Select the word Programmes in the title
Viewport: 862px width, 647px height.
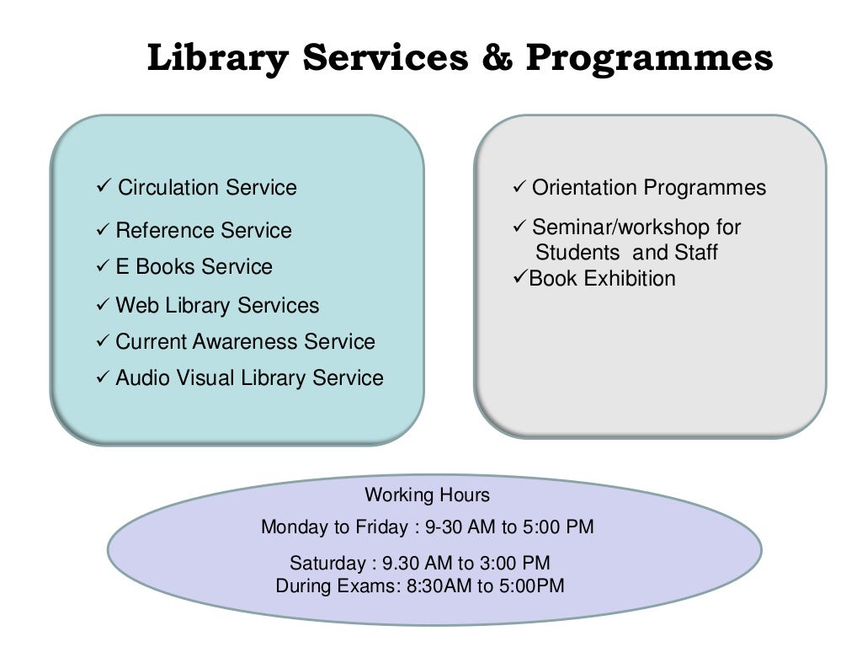coord(649,58)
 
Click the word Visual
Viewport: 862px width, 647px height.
coord(206,378)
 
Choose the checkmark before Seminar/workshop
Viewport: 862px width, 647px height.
coord(519,226)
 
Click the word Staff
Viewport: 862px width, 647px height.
coord(695,253)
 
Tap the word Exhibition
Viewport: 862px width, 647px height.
coord(630,278)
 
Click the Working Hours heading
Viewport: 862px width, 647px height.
coord(427,495)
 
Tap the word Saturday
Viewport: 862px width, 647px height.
coord(327,563)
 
